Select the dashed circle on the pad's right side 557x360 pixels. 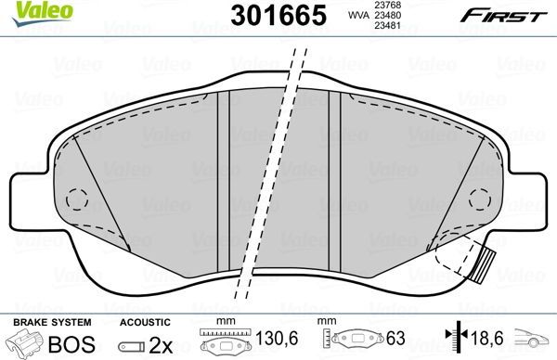[480, 198]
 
